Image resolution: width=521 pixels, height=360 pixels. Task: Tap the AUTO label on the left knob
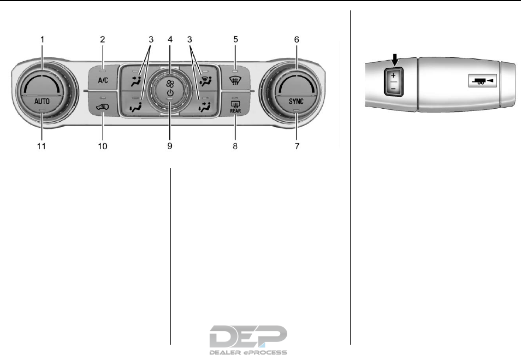42,101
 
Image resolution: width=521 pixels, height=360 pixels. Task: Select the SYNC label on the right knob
296,101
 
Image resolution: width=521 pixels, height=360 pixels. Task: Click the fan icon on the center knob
170,83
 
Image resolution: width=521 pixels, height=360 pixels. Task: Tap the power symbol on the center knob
170,93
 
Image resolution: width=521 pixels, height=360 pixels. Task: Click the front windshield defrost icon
235,80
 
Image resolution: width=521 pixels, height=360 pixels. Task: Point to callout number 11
41,146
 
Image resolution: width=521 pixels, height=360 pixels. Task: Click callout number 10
102,146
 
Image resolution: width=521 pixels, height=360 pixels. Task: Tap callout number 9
170,146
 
